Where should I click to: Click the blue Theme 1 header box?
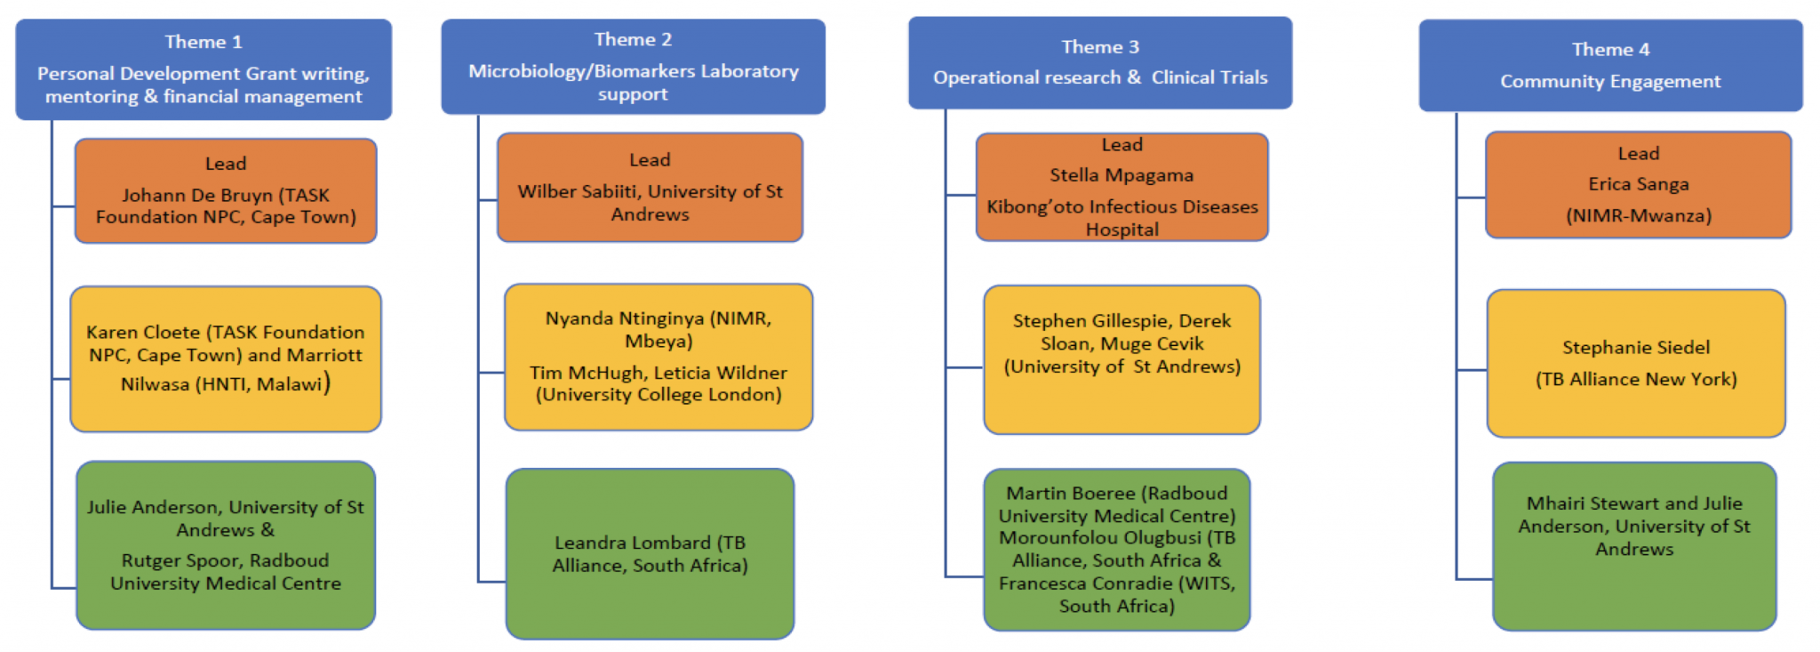(x=204, y=69)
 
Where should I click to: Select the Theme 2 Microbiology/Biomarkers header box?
(x=633, y=67)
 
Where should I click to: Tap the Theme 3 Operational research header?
(x=1100, y=63)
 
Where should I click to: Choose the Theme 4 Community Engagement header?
(x=1610, y=66)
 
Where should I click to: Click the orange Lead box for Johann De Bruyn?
(x=226, y=190)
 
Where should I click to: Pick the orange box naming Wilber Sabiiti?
(x=650, y=187)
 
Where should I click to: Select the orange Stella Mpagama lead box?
(x=1122, y=187)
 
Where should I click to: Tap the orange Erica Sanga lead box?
(x=1638, y=185)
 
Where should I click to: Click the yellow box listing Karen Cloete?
(x=226, y=358)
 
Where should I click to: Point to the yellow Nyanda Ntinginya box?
(x=659, y=357)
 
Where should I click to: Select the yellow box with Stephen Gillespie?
(x=1122, y=359)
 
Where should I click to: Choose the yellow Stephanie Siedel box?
(x=1636, y=363)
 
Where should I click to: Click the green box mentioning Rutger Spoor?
(x=226, y=545)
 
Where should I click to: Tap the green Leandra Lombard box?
(x=650, y=553)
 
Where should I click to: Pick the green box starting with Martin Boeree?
(x=1117, y=550)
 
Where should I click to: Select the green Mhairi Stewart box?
(x=1634, y=546)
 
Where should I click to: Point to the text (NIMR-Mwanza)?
(x=1639, y=215)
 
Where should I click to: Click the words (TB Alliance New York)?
(x=1636, y=379)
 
